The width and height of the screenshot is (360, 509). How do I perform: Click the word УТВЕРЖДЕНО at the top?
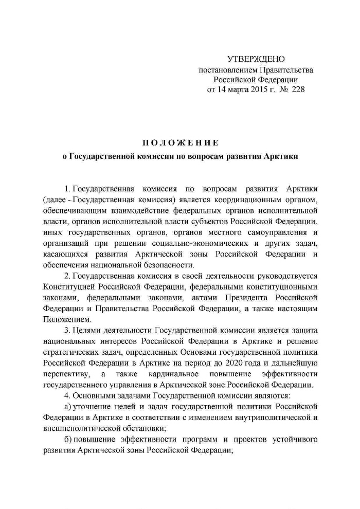click(256, 60)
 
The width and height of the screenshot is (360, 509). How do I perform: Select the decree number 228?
click(290, 89)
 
